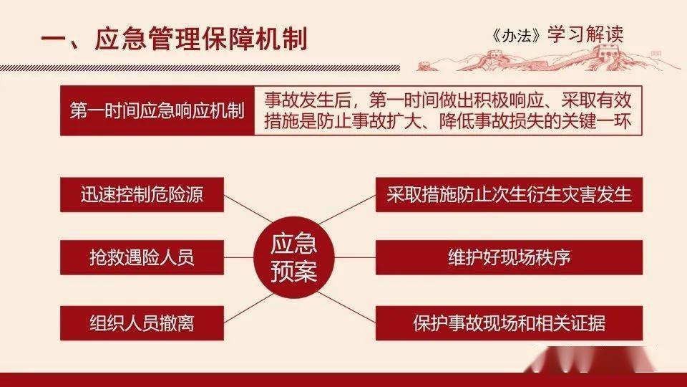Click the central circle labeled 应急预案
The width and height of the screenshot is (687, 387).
tap(294, 257)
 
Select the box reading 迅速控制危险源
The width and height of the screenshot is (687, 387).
tap(142, 195)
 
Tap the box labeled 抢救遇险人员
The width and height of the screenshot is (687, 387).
tap(142, 257)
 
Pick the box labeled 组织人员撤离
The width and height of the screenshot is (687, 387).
tap(142, 323)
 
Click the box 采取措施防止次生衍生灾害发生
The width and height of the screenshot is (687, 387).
tap(509, 195)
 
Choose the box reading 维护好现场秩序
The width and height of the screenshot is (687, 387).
tap(509, 257)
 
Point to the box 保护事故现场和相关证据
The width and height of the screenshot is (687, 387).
tap(509, 323)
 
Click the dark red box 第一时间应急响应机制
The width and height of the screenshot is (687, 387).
tap(157, 110)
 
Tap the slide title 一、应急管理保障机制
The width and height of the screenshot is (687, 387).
tap(175, 39)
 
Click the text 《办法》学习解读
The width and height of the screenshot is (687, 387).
tap(557, 35)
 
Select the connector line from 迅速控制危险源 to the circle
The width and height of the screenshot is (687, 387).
tap(248, 209)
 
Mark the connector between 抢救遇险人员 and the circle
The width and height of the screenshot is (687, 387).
tap(239, 257)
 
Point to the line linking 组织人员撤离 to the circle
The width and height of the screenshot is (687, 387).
tap(248, 308)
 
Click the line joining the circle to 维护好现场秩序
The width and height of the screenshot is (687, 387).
tap(356, 257)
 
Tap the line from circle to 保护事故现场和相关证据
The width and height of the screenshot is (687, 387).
tap(346, 307)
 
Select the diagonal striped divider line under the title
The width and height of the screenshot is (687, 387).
tap(200, 68)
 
